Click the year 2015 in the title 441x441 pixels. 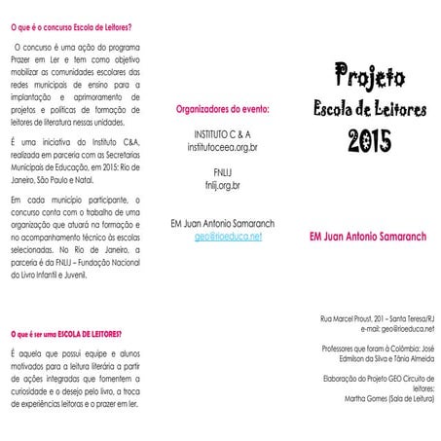(x=370, y=139)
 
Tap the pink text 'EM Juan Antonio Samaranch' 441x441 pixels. (x=371, y=236)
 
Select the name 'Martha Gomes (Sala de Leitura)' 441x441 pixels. (x=384, y=398)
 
